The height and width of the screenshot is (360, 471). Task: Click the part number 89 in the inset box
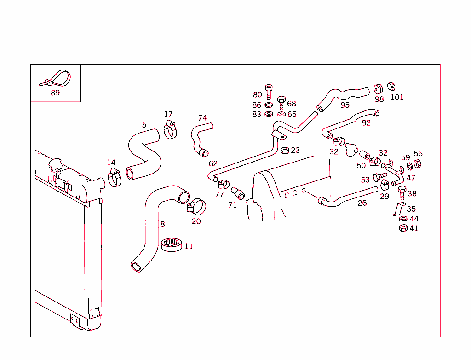55,93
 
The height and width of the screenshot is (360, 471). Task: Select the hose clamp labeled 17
170,130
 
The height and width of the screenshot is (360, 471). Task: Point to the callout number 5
144,125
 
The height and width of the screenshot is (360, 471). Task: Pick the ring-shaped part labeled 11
172,244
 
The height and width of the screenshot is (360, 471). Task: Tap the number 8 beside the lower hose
162,224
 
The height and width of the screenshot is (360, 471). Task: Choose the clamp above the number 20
197,206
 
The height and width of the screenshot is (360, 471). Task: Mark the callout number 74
202,118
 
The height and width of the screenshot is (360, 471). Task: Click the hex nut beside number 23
285,151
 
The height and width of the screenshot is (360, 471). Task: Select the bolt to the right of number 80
269,91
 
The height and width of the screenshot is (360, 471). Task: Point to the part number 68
292,104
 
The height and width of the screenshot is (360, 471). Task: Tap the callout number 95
345,105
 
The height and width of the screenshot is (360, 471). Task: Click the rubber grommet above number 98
379,89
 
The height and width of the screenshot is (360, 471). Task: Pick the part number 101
396,97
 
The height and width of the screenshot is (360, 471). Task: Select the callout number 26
362,203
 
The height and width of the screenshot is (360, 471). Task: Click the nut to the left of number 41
402,228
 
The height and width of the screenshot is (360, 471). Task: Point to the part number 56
418,153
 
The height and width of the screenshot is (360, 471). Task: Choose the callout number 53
365,180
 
